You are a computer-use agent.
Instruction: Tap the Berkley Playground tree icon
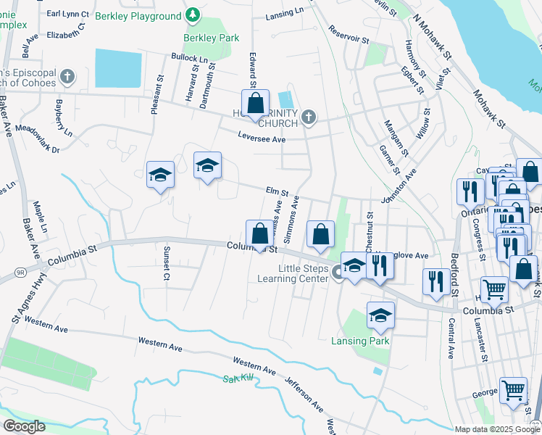pyautogui.click(x=192, y=14)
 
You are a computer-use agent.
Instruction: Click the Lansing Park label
pyautogui.click(x=360, y=341)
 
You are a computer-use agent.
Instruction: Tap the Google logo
pyautogui.click(x=24, y=426)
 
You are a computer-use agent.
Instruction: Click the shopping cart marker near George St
pyautogui.click(x=513, y=389)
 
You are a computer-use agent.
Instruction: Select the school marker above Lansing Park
pyautogui.click(x=380, y=315)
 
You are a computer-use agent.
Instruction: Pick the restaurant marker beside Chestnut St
pyautogui.click(x=378, y=265)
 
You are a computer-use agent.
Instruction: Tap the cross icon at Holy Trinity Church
pyautogui.click(x=308, y=117)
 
